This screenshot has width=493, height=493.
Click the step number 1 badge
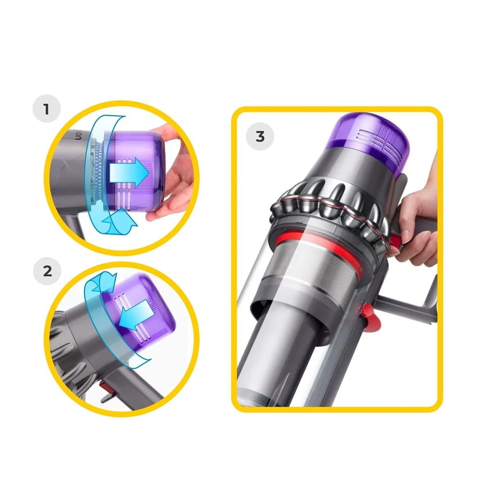(x=46, y=109)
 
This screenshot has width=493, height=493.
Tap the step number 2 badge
(x=47, y=271)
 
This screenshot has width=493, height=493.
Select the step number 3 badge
(x=260, y=136)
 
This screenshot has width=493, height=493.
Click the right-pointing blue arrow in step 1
(x=129, y=172)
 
